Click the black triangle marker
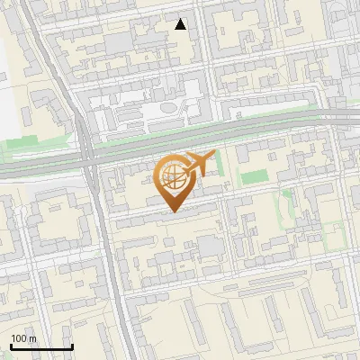click(181, 24)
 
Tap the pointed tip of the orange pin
click(174, 212)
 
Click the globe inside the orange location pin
click(173, 175)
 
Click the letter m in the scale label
click(33, 338)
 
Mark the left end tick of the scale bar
click(11, 346)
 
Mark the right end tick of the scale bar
click(72, 346)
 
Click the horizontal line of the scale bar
click(41, 347)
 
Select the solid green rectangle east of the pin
click(254, 176)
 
